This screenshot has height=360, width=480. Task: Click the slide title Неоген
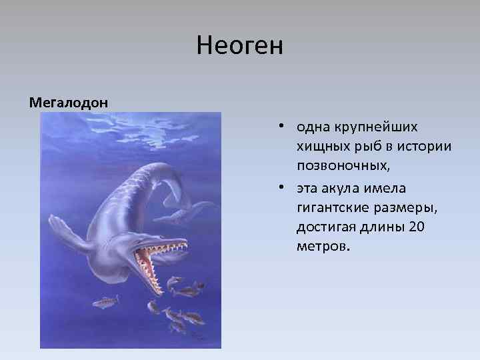pos(240,47)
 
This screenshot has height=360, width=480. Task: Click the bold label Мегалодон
pos(69,103)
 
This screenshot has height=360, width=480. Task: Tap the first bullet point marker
pos(283,126)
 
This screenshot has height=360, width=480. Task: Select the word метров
pos(321,248)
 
